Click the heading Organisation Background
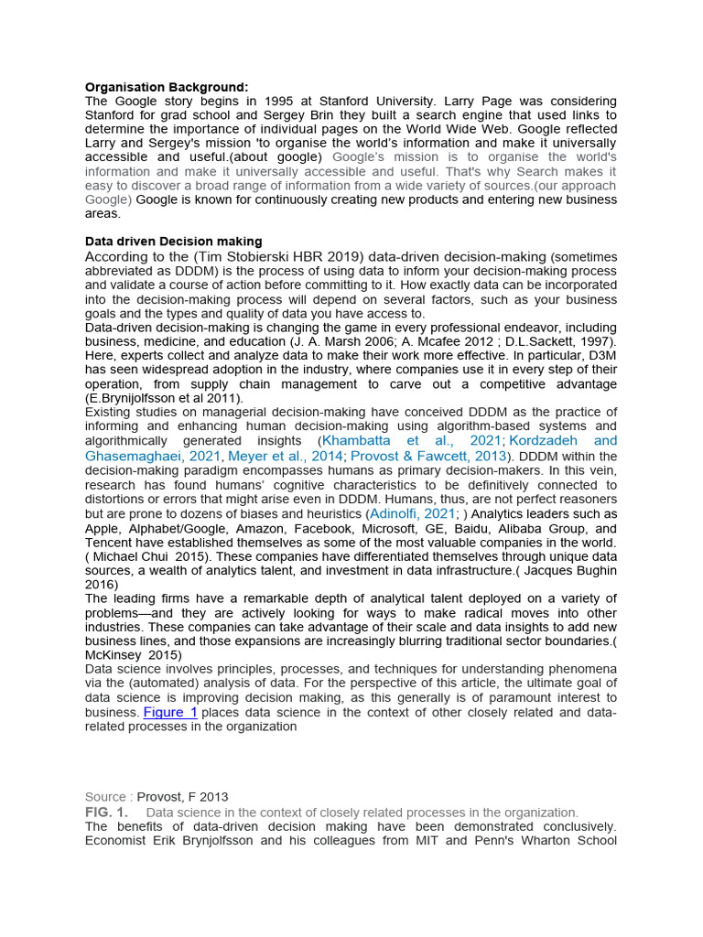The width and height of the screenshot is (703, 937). coord(167,87)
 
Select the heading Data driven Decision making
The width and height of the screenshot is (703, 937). coord(173,242)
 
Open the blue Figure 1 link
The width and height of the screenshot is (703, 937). coord(170,712)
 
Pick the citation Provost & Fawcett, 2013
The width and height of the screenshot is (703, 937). coord(429,456)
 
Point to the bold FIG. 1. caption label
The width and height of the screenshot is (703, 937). coord(106,813)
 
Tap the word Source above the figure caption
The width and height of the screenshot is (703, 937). coord(105,797)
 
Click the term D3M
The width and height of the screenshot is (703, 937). coord(598,355)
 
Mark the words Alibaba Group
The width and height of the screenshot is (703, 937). coord(539,528)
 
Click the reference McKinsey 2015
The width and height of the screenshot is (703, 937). coord(134,655)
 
